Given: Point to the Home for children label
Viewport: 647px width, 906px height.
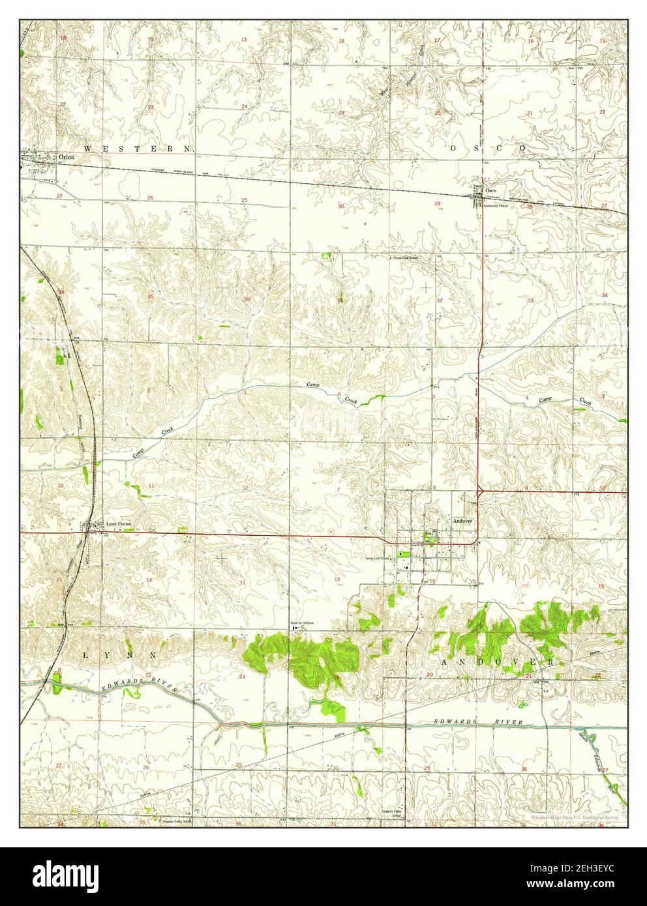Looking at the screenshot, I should coord(303,623).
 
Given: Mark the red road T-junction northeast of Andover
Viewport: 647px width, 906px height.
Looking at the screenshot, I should coord(479,488).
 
